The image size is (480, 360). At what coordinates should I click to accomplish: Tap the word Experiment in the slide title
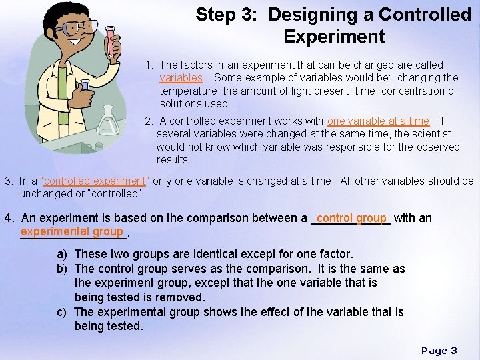tap(334, 36)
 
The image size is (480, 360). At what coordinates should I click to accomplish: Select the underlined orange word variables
tap(181, 78)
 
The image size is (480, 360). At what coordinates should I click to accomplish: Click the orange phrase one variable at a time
tap(378, 121)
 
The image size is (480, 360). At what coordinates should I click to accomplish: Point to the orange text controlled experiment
tap(94, 181)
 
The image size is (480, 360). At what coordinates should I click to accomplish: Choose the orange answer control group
tap(351, 217)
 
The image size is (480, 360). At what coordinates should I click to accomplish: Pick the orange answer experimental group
tap(72, 231)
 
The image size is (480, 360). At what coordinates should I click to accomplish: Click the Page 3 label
tap(439, 350)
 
